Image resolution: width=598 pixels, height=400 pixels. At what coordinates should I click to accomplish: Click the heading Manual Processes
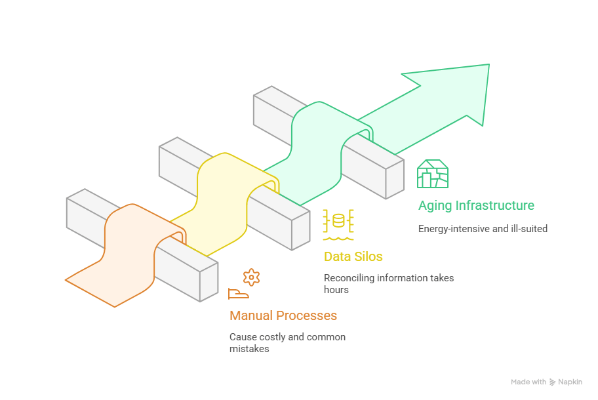(283, 315)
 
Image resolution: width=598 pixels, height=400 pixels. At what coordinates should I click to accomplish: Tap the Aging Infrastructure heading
(476, 205)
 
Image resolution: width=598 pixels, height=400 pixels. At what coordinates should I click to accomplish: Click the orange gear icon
(251, 277)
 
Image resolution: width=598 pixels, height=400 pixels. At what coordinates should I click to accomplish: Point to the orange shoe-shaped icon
(238, 294)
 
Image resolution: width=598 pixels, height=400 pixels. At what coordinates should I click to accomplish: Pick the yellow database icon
(338, 222)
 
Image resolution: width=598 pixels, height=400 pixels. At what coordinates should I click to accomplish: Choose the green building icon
(433, 174)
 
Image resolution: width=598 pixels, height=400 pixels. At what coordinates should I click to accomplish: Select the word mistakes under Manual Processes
(249, 349)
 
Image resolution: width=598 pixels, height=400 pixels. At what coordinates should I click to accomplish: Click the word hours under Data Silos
(336, 289)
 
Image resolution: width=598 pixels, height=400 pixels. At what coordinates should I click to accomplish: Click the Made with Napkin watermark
(546, 382)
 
